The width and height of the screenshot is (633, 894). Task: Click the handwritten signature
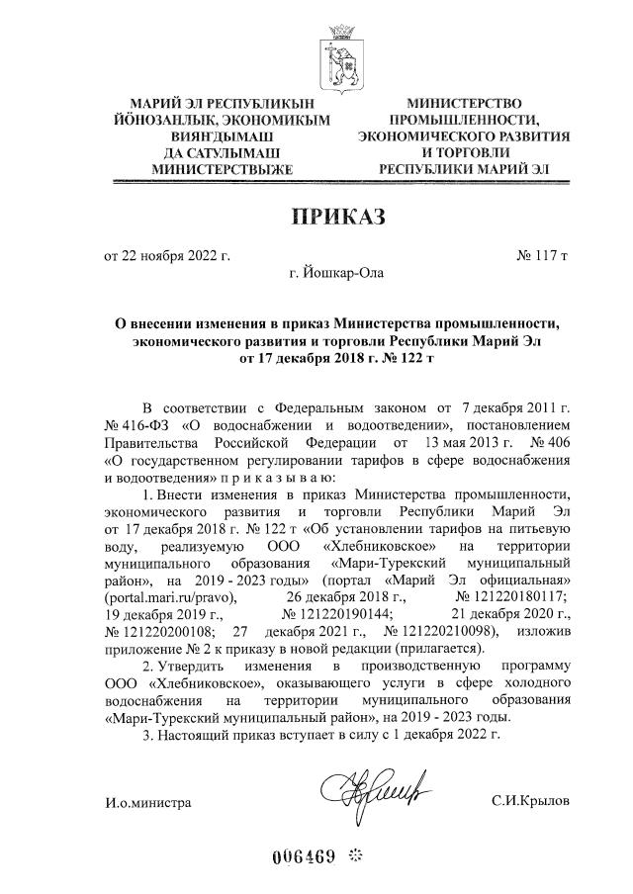point(371,788)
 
